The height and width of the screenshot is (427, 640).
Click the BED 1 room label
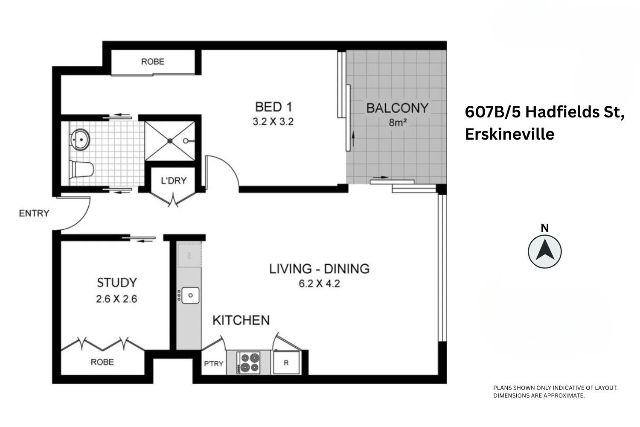coord(273,107)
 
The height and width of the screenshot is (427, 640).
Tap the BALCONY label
coord(397,108)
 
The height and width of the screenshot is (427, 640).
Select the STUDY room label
coord(116,283)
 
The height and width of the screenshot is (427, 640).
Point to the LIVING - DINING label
coord(319,269)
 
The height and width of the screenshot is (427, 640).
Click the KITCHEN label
coord(241,320)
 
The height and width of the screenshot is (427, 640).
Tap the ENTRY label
coord(34,213)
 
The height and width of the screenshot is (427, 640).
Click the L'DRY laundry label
coord(174,181)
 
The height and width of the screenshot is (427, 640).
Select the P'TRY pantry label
coord(213,364)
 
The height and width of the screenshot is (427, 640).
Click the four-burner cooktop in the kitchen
coord(249,362)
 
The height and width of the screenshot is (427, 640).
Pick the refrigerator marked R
coord(286,363)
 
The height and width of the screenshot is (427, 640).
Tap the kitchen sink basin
coord(190,295)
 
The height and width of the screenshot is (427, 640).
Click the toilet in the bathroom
coord(81,170)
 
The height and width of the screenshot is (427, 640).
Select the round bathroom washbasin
coord(79,139)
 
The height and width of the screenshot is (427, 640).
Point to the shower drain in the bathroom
coord(170,140)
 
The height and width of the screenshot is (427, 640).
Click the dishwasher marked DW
coord(189,255)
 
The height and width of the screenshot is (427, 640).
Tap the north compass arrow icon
coord(545,251)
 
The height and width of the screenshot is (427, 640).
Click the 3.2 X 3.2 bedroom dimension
coord(273,122)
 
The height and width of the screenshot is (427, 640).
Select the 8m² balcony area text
coord(397,123)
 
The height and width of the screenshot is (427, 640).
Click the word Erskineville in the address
coord(509,134)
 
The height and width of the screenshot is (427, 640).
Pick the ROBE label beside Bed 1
coord(153,61)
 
